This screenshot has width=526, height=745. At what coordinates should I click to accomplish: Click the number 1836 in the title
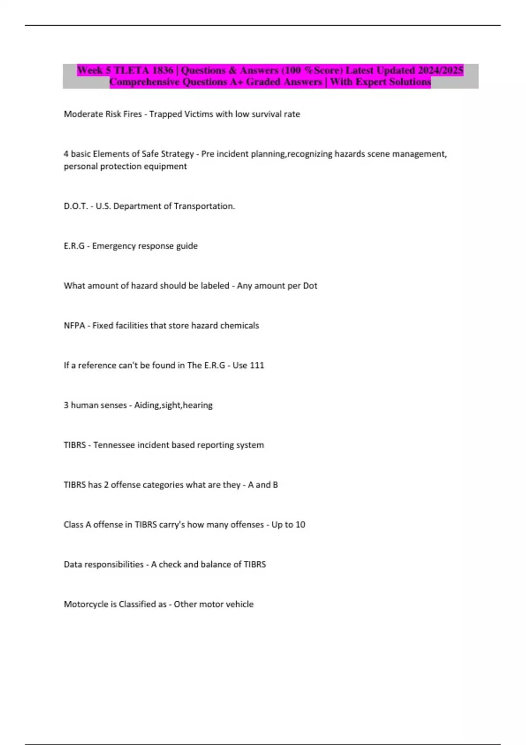click(163, 70)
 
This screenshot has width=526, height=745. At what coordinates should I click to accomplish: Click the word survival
click(267, 114)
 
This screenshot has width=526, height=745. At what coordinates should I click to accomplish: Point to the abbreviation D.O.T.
click(76, 206)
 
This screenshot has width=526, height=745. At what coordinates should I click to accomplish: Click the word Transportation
click(204, 206)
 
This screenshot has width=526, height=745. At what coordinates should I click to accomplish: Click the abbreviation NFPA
click(75, 326)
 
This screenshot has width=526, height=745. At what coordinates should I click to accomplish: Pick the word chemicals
click(239, 326)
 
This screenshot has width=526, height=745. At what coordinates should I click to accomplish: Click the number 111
click(257, 365)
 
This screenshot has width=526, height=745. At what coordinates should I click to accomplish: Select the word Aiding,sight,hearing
click(173, 405)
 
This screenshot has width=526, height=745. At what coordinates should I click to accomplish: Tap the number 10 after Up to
click(300, 525)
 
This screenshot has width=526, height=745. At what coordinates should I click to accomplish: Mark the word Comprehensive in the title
click(144, 82)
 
